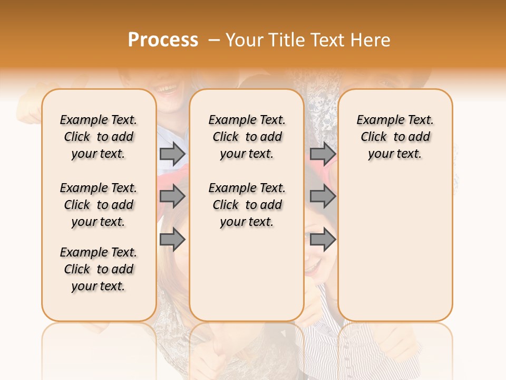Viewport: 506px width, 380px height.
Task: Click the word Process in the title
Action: [x=163, y=40]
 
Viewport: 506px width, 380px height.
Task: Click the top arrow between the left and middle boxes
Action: [x=172, y=154]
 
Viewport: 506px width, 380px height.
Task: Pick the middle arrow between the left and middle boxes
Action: [x=172, y=196]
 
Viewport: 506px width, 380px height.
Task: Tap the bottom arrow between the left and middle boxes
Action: [x=172, y=240]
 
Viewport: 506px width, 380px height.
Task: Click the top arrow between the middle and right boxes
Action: [x=323, y=154]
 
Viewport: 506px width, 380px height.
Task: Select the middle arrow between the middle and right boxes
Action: [x=323, y=196]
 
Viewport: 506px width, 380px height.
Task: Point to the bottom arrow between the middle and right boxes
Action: [x=323, y=240]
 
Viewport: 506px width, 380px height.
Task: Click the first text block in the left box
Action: [x=99, y=137]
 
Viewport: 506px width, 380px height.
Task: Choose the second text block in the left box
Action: [x=99, y=205]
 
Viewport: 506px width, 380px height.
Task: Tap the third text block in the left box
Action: [x=99, y=269]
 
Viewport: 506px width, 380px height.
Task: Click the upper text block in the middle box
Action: [x=247, y=137]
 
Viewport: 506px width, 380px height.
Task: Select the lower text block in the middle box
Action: [x=247, y=205]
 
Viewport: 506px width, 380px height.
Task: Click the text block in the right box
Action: [x=395, y=137]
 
